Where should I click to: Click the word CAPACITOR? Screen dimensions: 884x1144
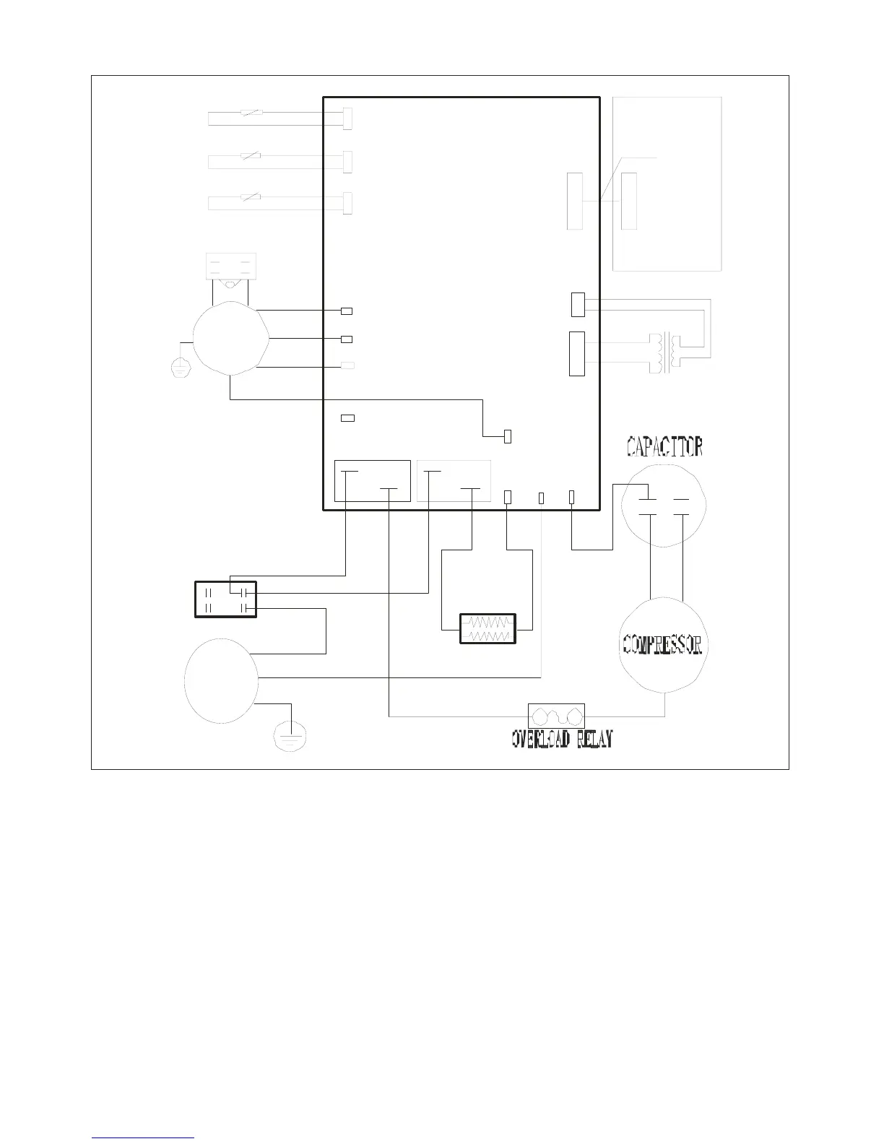point(664,446)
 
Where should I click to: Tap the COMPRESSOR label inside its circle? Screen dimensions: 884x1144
point(662,645)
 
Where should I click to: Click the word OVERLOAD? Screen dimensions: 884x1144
point(542,739)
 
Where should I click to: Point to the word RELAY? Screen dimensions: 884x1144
point(595,739)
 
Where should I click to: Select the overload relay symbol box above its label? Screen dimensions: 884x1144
point(556,716)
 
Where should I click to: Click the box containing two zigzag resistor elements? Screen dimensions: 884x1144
point(488,628)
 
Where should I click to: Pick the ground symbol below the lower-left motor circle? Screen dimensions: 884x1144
point(290,738)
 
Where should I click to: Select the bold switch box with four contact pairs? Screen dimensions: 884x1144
point(225,599)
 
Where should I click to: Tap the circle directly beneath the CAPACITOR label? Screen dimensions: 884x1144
point(663,503)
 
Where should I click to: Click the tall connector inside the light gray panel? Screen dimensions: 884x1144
point(629,201)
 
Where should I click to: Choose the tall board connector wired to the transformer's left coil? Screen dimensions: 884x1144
point(576,354)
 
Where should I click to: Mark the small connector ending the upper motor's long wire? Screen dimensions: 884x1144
point(507,436)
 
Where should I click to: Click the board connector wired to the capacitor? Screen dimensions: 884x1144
point(571,497)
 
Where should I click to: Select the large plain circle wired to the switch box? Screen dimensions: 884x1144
point(221,680)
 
